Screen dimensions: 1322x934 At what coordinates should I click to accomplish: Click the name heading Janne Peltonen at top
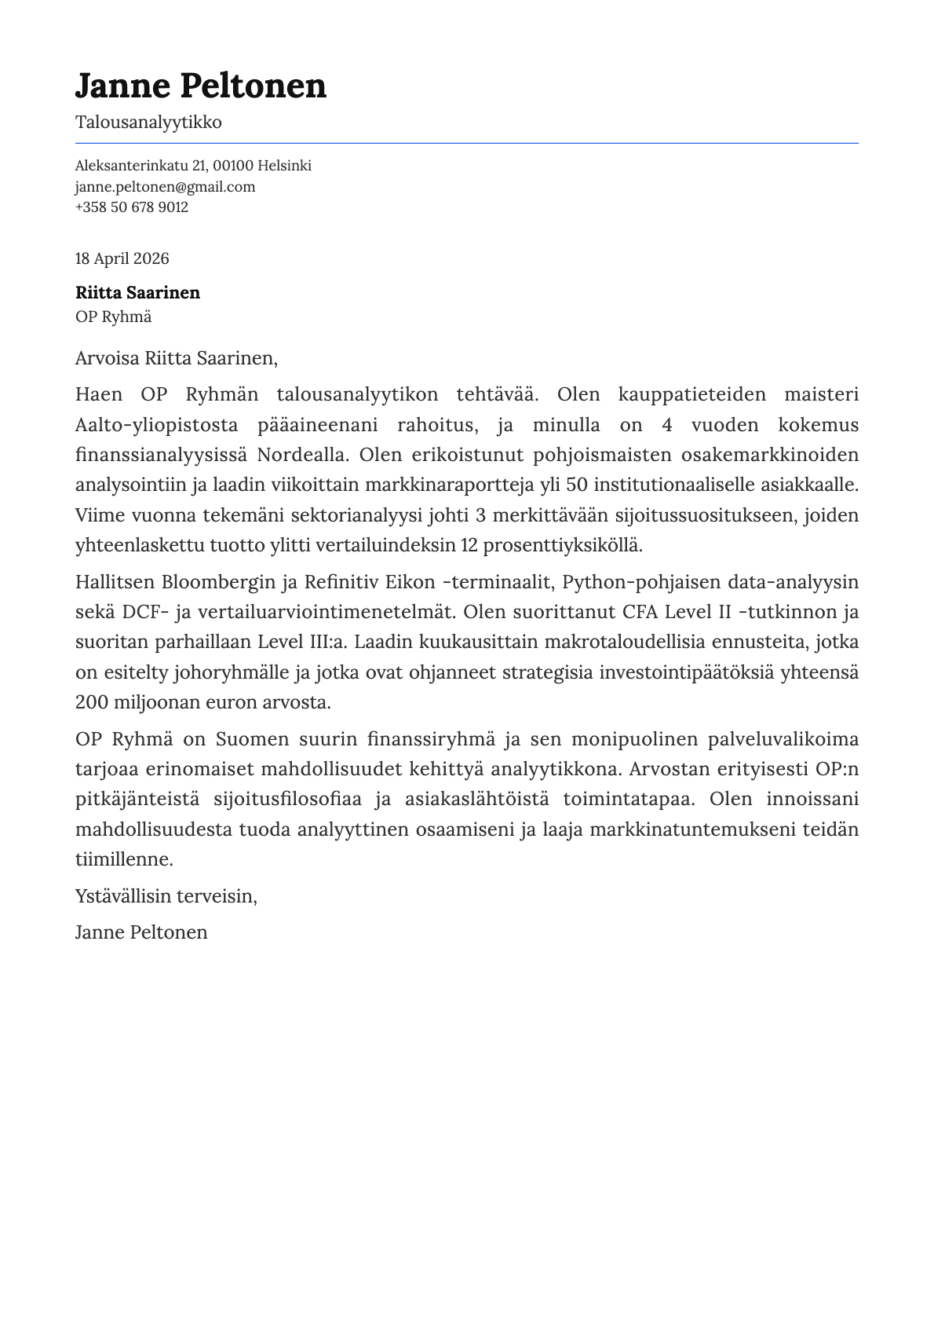point(200,86)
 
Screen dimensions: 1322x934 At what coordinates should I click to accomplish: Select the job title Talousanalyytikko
point(148,123)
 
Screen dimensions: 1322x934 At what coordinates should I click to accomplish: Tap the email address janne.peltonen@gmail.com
point(165,187)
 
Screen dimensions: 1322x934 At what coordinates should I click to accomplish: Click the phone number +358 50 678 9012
point(131,207)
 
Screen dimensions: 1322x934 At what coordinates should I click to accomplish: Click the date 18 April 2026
point(122,259)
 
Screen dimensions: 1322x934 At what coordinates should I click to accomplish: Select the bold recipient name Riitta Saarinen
point(137,293)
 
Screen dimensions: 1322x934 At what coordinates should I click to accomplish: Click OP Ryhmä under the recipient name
point(113,317)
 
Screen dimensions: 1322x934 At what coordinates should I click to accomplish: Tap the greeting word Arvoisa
point(108,359)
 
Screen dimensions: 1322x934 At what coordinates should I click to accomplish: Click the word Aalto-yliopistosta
point(156,425)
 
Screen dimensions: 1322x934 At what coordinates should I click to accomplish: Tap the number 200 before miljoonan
point(92,702)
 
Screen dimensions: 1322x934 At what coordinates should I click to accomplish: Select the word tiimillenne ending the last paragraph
point(122,859)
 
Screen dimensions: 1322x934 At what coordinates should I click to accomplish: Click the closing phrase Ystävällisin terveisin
point(166,896)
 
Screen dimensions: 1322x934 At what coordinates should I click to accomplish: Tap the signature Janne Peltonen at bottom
point(141,932)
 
